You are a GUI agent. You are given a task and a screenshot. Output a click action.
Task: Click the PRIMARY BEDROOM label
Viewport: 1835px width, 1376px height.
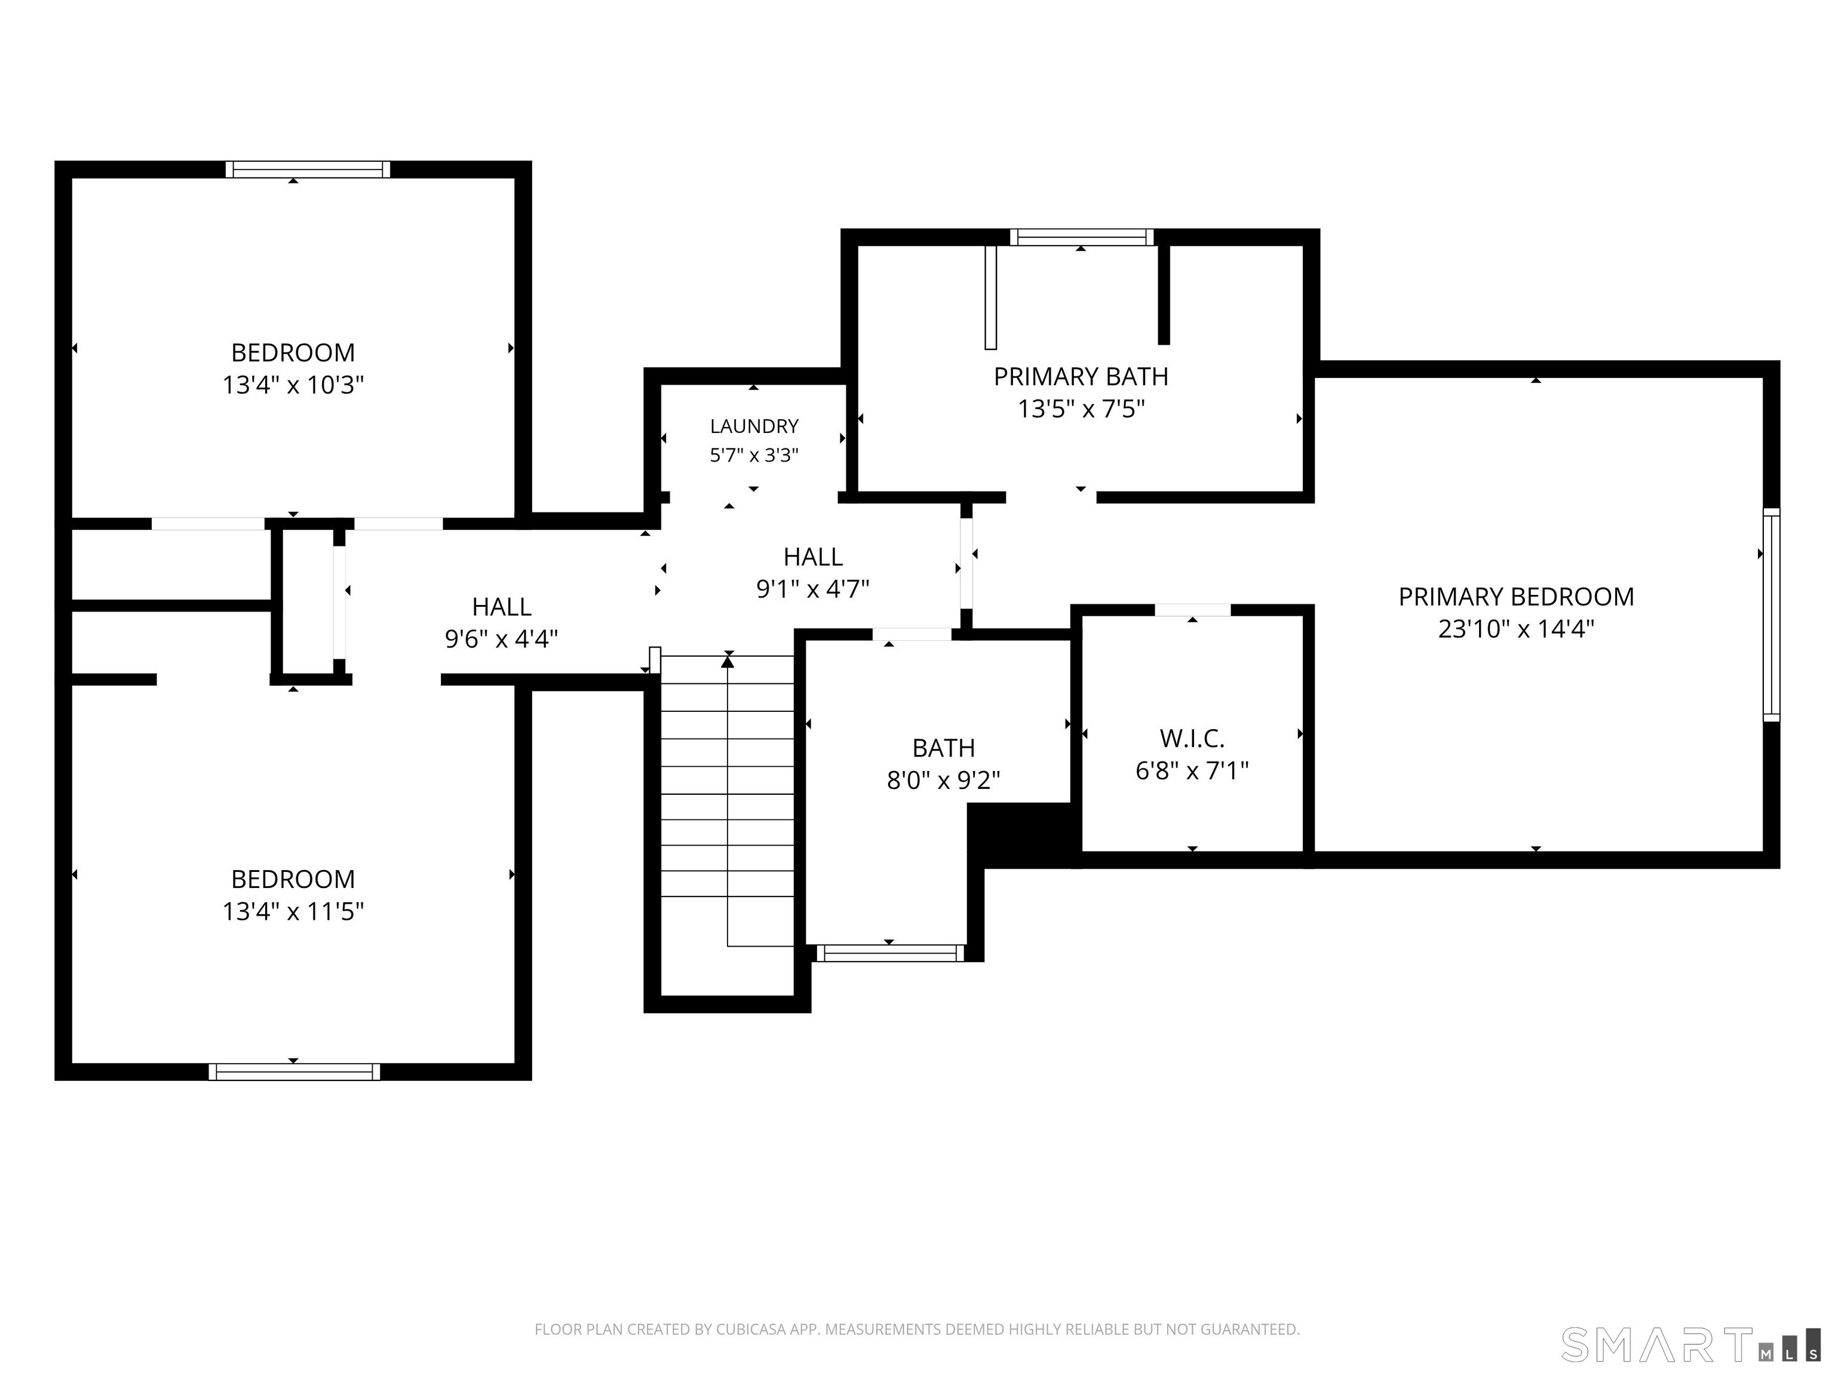pyautogui.click(x=1515, y=597)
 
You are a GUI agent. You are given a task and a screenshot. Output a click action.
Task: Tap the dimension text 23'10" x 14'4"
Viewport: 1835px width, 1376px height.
pyautogui.click(x=1515, y=629)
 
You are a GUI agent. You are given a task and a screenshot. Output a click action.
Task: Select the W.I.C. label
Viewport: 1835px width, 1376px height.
pyautogui.click(x=1192, y=738)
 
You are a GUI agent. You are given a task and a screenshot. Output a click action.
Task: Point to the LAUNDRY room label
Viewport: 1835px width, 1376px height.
pyautogui.click(x=754, y=426)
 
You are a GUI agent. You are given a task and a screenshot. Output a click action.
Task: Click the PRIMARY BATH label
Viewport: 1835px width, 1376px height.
pyautogui.click(x=1081, y=377)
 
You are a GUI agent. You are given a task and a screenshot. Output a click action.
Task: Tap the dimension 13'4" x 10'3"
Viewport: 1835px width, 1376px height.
pyautogui.click(x=293, y=385)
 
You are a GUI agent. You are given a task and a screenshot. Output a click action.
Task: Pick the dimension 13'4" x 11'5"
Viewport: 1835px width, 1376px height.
pyautogui.click(x=293, y=911)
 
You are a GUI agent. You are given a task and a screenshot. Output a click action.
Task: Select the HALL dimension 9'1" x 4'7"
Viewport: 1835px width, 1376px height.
pyautogui.click(x=813, y=589)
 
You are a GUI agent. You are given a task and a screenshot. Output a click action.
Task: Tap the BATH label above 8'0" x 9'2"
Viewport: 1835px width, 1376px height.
pyautogui.click(x=943, y=748)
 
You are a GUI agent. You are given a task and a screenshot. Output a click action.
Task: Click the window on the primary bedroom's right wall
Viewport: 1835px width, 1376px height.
pyautogui.click(x=1771, y=615)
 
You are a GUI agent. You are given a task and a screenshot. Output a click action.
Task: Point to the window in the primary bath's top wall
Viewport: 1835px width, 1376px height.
pyautogui.click(x=1082, y=237)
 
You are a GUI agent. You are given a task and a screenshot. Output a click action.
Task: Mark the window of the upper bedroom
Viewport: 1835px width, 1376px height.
pyautogui.click(x=308, y=169)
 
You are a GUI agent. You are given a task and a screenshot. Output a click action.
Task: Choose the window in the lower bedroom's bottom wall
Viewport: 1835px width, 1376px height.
pyautogui.click(x=294, y=1071)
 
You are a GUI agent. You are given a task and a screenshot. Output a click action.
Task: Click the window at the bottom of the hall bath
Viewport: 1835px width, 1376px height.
pyautogui.click(x=890, y=953)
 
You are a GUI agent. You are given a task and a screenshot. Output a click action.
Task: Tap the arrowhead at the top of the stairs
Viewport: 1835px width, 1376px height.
pyautogui.click(x=728, y=661)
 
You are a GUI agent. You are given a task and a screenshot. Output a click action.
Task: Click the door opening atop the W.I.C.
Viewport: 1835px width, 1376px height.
pyautogui.click(x=1192, y=610)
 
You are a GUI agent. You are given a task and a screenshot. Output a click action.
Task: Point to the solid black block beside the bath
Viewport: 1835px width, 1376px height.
pyautogui.click(x=1024, y=836)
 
